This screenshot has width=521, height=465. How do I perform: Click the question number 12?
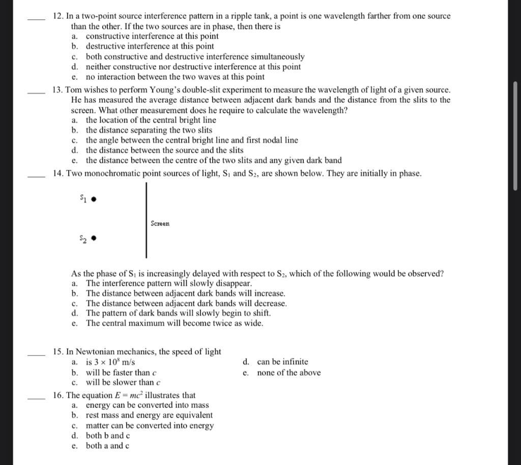(57, 16)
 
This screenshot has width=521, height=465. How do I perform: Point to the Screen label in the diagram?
(160, 223)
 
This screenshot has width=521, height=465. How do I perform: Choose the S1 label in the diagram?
(83, 197)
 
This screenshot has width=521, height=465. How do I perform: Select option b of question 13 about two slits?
(149, 130)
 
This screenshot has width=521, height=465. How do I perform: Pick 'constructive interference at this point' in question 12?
(152, 36)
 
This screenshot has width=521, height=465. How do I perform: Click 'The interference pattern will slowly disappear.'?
(168, 283)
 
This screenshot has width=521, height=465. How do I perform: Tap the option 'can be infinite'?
(282, 362)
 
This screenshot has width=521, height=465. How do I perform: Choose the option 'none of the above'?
(288, 373)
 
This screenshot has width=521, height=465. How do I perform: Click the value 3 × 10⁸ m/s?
(110, 362)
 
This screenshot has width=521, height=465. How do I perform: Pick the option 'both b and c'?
(108, 436)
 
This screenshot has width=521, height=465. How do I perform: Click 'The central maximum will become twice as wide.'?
(175, 324)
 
